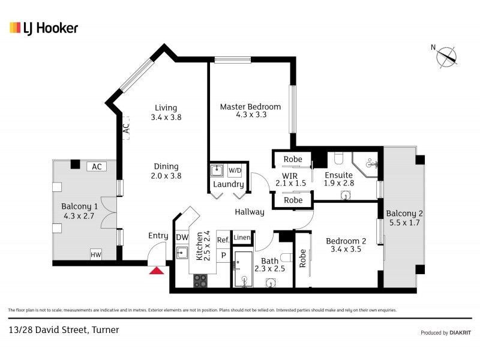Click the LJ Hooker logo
(44, 28)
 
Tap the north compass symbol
(446, 56)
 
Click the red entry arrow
(157, 271)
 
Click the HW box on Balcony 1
(95, 254)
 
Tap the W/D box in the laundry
(235, 170)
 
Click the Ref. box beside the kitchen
(223, 239)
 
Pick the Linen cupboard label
(241, 238)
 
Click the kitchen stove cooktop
(200, 280)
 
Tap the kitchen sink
(182, 253)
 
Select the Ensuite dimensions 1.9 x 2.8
(340, 184)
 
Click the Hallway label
(249, 212)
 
